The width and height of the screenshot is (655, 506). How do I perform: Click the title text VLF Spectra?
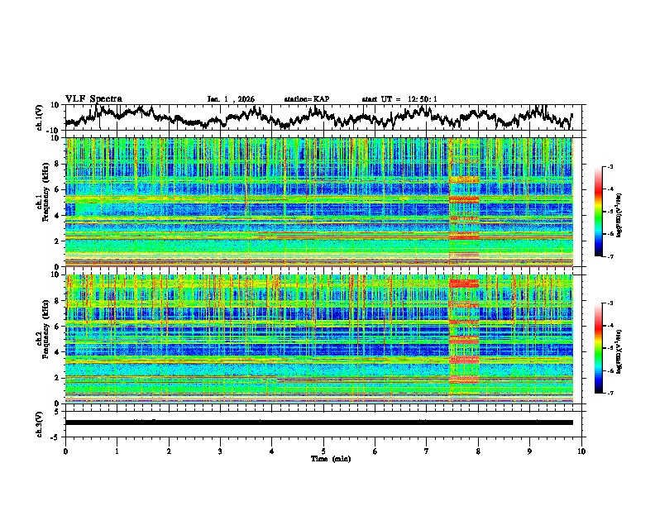(x=93, y=99)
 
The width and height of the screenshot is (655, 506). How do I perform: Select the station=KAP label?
(x=306, y=99)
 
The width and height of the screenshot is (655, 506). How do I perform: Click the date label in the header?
(x=231, y=99)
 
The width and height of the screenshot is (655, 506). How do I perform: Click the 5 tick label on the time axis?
(x=323, y=451)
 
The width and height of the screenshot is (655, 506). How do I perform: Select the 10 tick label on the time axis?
(x=581, y=451)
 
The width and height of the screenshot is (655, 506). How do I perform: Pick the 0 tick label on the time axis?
(x=65, y=451)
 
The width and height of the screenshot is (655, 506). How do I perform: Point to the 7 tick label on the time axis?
(x=427, y=451)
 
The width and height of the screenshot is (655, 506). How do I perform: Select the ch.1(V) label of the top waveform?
(x=40, y=117)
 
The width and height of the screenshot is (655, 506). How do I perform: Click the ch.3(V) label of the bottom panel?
(x=40, y=422)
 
